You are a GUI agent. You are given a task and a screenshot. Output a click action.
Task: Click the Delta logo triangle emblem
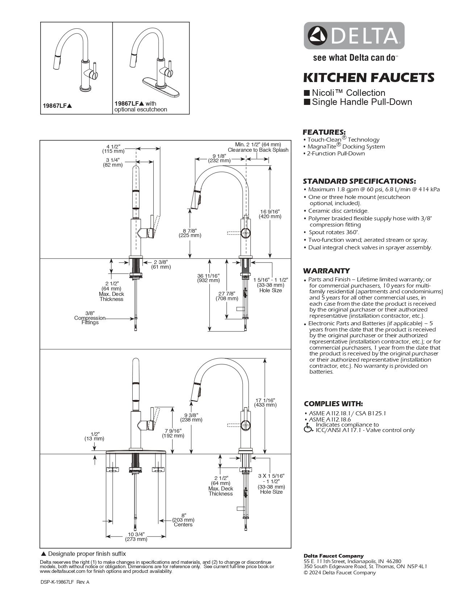pos(317,35)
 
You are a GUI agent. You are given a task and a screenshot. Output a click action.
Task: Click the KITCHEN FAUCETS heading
pos(368,77)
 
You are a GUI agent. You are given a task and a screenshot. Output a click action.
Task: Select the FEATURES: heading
pos(324,132)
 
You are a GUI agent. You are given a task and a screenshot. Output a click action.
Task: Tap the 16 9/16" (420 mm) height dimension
pos(270,214)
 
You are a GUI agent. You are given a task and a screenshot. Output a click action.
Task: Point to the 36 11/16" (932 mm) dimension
pos(208,278)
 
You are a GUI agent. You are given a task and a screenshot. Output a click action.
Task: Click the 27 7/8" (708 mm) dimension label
pos(227,296)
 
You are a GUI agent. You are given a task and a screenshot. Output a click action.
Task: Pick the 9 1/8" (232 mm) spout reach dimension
pos(219,158)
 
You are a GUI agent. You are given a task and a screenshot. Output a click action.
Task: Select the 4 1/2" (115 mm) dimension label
pos(113,149)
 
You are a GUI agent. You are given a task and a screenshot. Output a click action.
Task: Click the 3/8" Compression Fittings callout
pos(90,318)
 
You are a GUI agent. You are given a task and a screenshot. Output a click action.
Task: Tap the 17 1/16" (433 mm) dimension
pos(265,402)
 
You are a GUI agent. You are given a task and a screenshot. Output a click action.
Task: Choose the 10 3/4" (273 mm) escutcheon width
pos(136,537)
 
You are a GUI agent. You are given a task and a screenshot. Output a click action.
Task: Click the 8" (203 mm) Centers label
pos(183,519)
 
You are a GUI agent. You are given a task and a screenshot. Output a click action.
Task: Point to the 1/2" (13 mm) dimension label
pos(95,436)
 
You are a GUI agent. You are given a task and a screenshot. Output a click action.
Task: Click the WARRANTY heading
pos(326,271)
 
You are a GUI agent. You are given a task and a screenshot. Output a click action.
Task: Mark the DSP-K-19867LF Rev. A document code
pos(64,582)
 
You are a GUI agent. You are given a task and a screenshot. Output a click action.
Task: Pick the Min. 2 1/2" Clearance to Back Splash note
pos(258,147)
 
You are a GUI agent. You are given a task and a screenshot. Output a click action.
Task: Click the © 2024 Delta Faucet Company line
pos(340,572)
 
